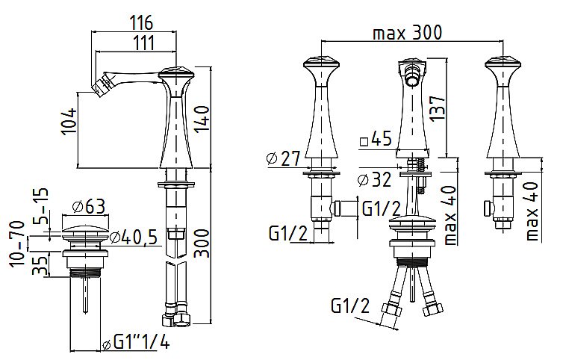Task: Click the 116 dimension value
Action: [140, 22]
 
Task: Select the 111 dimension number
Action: [143, 43]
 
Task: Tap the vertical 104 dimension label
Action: [69, 121]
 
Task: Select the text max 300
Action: [408, 33]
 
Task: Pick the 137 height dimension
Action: [438, 108]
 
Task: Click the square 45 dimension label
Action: [376, 138]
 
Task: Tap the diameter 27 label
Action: [283, 158]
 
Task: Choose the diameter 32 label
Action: [375, 179]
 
